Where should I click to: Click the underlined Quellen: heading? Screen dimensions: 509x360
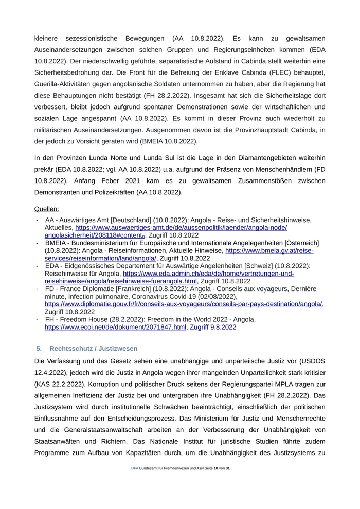point(46,209)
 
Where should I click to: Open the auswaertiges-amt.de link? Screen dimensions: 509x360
point(181,227)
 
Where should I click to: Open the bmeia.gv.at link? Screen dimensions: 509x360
point(269,250)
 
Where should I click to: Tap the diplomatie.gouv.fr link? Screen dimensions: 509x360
point(184,304)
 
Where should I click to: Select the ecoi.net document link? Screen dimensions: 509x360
point(115,327)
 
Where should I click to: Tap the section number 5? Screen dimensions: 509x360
point(39,349)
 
